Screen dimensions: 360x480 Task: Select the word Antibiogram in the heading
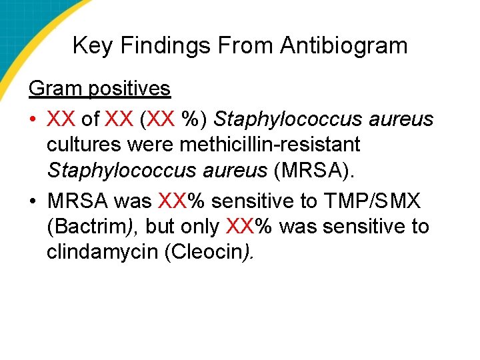point(343,46)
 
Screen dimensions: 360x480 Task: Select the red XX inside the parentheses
point(161,119)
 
